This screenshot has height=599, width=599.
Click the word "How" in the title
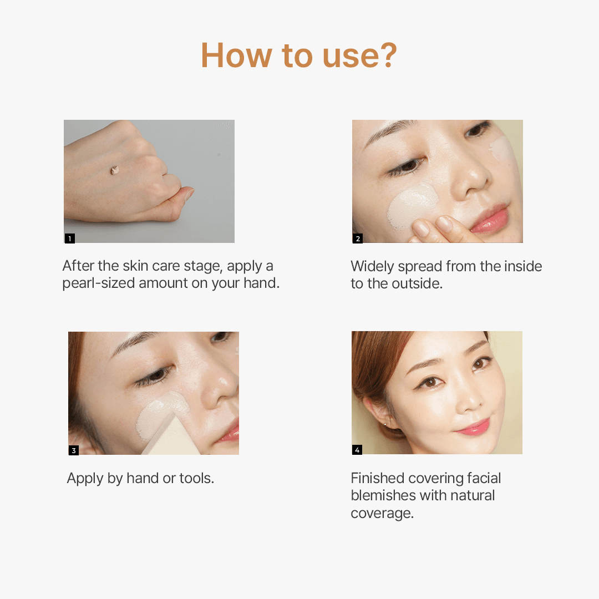pos(236,55)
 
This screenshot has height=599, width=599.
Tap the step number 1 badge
pos(70,238)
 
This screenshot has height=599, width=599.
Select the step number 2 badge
pos(358,238)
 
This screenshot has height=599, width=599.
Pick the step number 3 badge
pos(74,450)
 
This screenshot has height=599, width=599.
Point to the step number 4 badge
pos(357,450)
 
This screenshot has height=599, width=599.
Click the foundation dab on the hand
pos(115,170)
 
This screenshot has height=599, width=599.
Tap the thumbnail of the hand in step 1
pos(149,181)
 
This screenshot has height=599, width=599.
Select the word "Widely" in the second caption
pos(372,266)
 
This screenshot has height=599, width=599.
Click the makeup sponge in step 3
pos(171,436)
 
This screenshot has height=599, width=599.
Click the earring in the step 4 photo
pos(385,424)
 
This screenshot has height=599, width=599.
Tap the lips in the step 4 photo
pos(473,427)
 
